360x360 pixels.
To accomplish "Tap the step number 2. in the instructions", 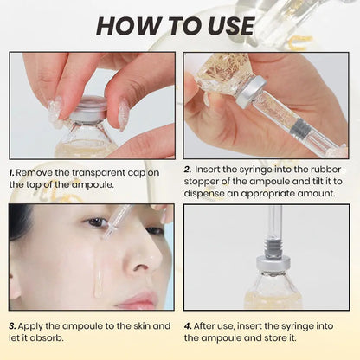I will (x=188, y=170).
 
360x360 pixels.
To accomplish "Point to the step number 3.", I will (x=13, y=325).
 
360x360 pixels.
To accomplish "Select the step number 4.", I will (x=188, y=325).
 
